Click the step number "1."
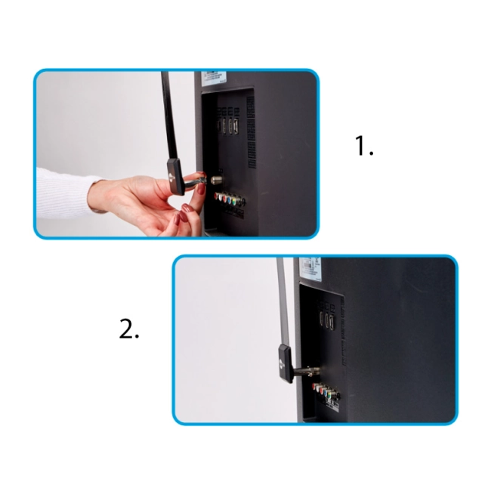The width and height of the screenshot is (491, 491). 364,146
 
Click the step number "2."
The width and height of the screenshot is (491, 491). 129,329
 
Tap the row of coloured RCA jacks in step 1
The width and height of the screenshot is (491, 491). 230,200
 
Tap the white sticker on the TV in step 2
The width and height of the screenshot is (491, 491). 310,268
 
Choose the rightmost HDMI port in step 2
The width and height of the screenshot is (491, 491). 331,320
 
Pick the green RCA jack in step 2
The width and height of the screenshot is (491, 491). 329,392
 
